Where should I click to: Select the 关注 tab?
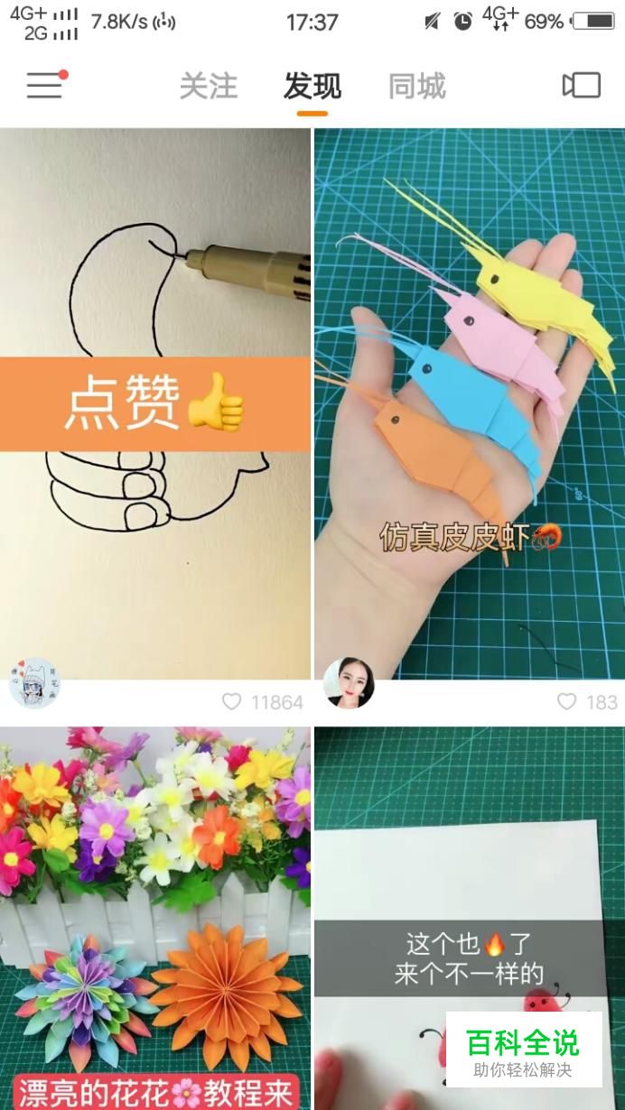tap(209, 86)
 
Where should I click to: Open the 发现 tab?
tap(312, 86)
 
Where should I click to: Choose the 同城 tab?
tap(417, 86)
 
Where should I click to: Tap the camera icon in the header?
tap(582, 85)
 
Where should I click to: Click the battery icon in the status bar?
tap(593, 22)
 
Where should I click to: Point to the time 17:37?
tap(312, 23)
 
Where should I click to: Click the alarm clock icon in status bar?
tap(463, 22)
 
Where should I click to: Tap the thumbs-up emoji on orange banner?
tap(216, 402)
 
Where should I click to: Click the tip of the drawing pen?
tap(174, 256)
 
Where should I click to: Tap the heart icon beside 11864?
tap(231, 702)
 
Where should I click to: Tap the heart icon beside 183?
tap(566, 701)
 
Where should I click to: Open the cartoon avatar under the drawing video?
tap(34, 683)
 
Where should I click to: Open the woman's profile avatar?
tap(349, 683)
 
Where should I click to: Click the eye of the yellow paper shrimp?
tap(495, 279)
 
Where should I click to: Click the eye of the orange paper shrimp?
tap(395, 421)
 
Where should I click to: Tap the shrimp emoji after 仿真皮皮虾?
tap(546, 537)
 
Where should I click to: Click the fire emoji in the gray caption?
tap(494, 944)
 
